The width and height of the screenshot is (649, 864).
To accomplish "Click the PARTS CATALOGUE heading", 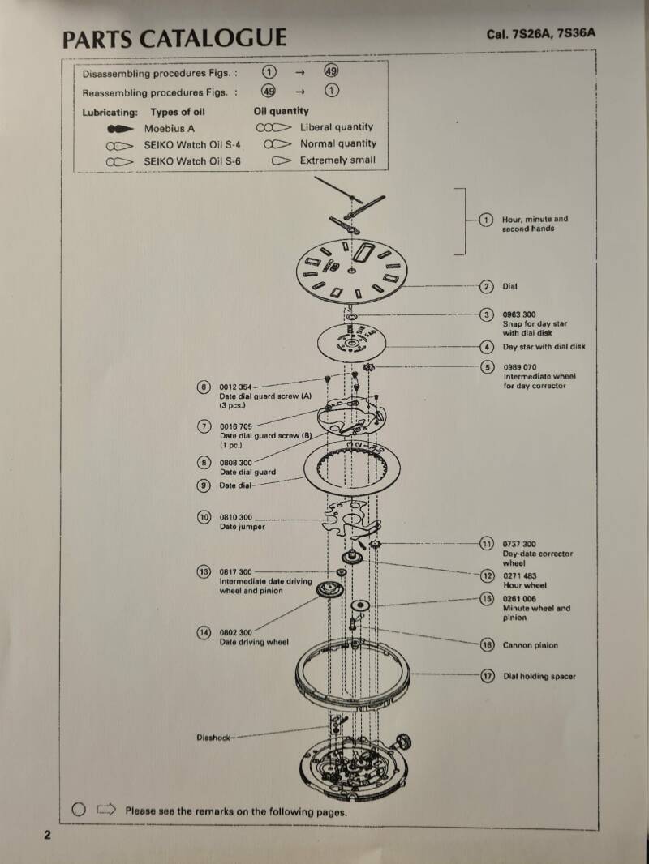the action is tap(174, 38).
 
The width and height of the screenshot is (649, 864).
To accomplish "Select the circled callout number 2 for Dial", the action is tap(486, 286).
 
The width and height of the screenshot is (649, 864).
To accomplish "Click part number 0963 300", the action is tap(519, 314).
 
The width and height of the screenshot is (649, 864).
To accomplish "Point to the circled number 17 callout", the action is tap(487, 676).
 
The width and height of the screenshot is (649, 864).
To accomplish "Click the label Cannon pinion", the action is tap(530, 645).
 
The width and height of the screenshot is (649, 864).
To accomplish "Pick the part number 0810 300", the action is tap(236, 517).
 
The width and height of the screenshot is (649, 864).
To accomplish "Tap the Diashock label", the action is tap(213, 738).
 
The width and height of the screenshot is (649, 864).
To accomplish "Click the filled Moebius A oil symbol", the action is tap(119, 129).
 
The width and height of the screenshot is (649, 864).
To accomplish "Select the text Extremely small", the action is tap(337, 160).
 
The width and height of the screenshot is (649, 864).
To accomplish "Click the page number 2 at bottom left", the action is tap(47, 835).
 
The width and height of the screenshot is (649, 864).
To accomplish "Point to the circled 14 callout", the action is tap(204, 632).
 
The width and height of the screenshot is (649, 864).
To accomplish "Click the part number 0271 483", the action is tap(519, 575).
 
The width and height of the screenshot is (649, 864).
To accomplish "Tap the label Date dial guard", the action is tap(247, 472).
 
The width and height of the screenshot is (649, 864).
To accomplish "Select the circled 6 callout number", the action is tap(204, 387).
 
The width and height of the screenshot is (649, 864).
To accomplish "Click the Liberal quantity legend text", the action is tap(337, 127).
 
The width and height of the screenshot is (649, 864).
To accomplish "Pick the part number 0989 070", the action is tap(519, 367).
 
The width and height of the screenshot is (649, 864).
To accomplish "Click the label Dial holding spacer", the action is tap(539, 676).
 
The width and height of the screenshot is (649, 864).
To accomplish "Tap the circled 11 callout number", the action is tap(487, 544).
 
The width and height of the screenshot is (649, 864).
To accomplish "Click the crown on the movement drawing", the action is tap(402, 740).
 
